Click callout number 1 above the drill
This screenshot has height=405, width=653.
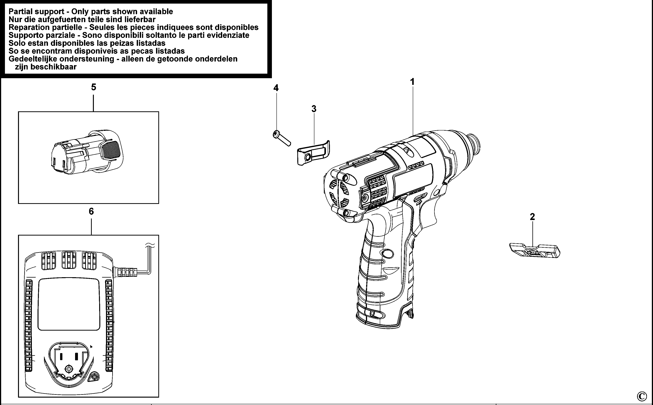(x=412, y=82)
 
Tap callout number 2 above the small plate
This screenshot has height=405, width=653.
(x=532, y=216)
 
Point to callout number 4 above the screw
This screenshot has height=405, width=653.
(x=276, y=88)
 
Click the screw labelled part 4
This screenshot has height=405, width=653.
(x=281, y=138)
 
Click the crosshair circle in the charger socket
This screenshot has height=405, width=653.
(x=69, y=369)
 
